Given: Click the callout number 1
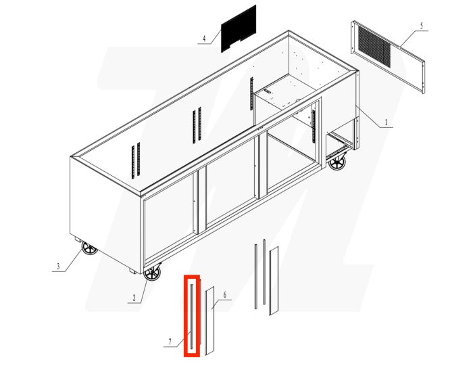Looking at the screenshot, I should (x=386, y=123).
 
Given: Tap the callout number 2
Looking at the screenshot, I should (x=134, y=297).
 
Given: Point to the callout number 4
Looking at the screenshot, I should (x=203, y=39).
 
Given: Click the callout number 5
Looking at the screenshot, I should (x=421, y=26).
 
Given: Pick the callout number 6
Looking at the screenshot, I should (x=224, y=295).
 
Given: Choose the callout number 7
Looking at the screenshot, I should (x=170, y=342).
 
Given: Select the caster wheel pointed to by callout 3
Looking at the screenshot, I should (x=89, y=249).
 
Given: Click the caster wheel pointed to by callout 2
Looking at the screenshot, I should (x=153, y=274).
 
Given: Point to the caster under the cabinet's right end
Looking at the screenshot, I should (x=337, y=162).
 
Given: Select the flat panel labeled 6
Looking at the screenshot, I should (x=209, y=319).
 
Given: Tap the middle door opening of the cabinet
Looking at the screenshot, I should (x=231, y=191).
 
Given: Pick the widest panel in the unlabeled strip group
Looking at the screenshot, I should (x=274, y=280).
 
